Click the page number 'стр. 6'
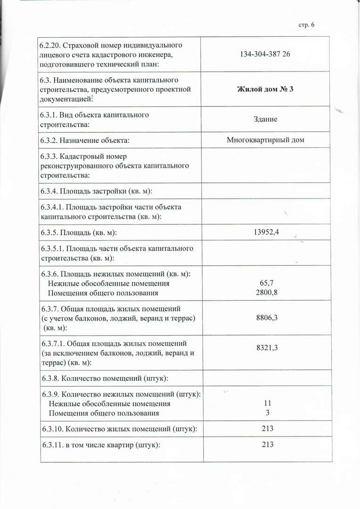pos(306,25)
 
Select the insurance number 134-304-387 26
pos(265,54)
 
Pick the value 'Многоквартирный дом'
pos(265,140)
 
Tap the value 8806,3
pos(266,318)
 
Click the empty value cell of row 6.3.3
pos(265,165)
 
